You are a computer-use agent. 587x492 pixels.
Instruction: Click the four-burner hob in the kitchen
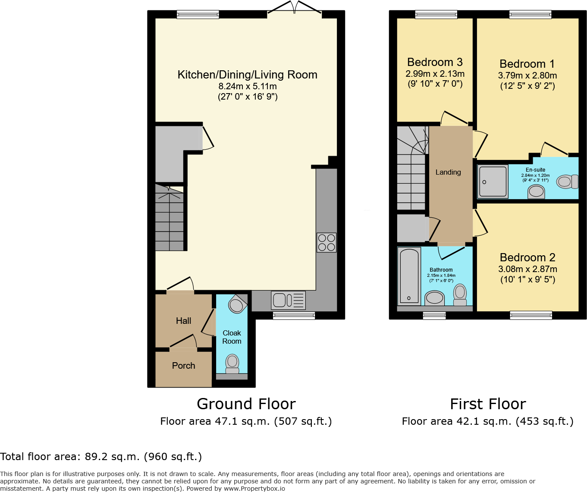(x=326, y=242)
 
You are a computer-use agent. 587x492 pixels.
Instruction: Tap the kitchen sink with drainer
(x=288, y=300)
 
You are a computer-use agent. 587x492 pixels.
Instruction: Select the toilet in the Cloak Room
(x=232, y=364)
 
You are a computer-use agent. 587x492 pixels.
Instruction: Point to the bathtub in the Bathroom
(x=409, y=276)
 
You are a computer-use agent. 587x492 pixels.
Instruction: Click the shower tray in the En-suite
(x=493, y=182)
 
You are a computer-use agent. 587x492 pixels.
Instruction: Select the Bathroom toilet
(x=460, y=295)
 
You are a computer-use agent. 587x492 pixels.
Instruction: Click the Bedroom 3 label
(x=435, y=62)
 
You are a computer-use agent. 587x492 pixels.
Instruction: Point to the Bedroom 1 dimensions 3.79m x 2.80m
(x=527, y=75)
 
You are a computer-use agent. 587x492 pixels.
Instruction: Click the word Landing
(x=448, y=172)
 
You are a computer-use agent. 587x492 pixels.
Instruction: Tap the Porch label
(x=184, y=366)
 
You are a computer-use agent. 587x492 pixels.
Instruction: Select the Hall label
(x=184, y=321)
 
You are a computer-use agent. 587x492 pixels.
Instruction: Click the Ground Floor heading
(x=246, y=404)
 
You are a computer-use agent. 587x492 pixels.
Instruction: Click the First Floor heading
(x=488, y=404)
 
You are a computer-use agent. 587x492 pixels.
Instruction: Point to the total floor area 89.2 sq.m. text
(x=101, y=457)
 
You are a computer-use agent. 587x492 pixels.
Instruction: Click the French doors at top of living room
(x=294, y=8)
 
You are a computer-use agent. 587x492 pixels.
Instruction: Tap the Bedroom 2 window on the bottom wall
(x=531, y=316)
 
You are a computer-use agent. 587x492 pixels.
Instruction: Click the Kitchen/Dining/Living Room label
(x=248, y=75)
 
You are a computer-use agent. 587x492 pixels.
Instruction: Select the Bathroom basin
(x=435, y=298)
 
